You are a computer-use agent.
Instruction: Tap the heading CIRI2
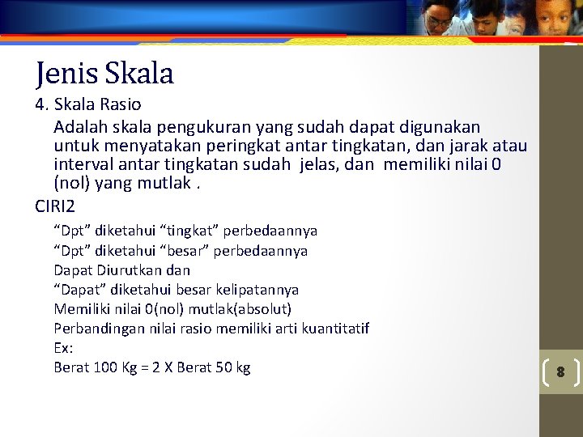54,206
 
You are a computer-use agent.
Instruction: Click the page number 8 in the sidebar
560,372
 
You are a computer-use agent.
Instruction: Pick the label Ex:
63,348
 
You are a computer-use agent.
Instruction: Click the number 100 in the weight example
105,367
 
